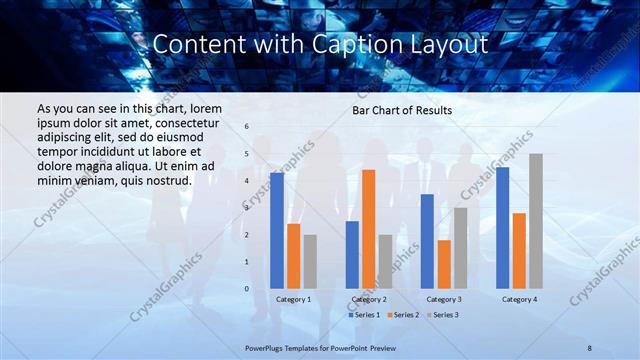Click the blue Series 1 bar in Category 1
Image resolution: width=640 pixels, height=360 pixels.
277,231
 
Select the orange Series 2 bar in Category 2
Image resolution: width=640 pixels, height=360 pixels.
368,229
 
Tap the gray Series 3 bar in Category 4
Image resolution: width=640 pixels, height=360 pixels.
536,221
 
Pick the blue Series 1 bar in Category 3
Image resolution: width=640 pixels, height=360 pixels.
427,241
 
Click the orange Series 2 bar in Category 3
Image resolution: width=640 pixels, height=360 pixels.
443,264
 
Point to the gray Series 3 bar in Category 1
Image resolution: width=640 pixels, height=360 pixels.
309,262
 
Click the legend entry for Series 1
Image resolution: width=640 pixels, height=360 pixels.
364,315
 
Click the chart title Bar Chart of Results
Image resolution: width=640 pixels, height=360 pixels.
402,110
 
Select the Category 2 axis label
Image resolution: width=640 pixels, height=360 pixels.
369,299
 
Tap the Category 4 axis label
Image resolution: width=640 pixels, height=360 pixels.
519,299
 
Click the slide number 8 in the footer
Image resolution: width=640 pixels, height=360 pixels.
590,346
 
